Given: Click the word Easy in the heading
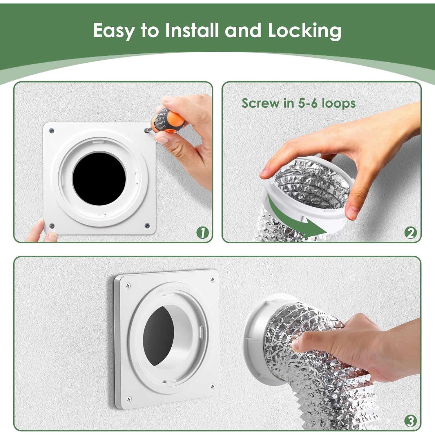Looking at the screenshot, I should [114, 30].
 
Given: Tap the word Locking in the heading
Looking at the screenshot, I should [304, 30].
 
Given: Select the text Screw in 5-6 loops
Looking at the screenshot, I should [298, 103].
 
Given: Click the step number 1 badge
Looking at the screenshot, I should [202, 233].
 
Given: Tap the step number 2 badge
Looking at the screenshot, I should [410, 233].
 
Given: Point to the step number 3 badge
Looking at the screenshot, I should [410, 421].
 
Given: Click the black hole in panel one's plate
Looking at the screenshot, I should [99, 179].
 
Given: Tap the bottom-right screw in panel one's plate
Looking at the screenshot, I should [147, 225].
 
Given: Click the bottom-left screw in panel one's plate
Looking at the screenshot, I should [52, 226].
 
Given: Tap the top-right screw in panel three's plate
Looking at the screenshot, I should [212, 279].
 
